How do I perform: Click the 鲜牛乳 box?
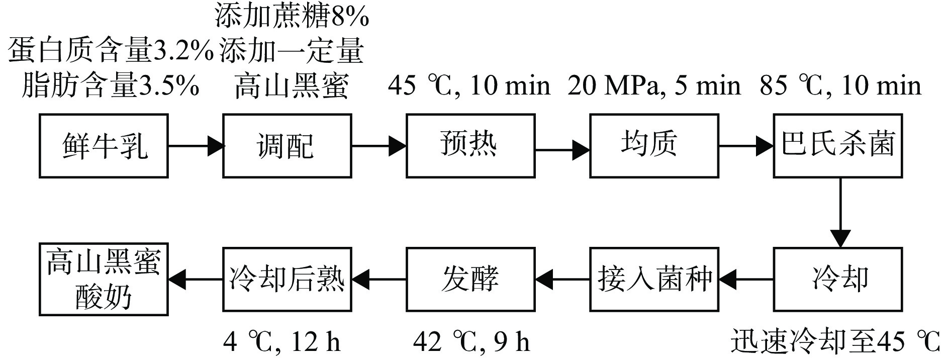(x=104, y=146)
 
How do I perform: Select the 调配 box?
(x=287, y=146)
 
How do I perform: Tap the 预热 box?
(x=470, y=146)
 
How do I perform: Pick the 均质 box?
(x=653, y=146)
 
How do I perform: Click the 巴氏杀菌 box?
(x=837, y=146)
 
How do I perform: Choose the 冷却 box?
(x=837, y=279)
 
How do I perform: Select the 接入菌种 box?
(x=653, y=279)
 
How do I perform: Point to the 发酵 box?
(x=470, y=279)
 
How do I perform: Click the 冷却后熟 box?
(x=287, y=279)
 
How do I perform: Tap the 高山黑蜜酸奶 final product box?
(x=104, y=279)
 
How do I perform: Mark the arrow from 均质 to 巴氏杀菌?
(x=746, y=146)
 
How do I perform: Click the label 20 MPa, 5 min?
(x=654, y=86)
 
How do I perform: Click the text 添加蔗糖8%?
(x=292, y=17)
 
